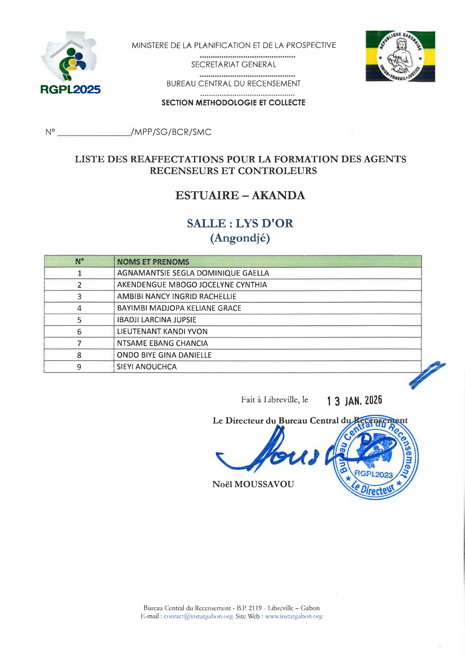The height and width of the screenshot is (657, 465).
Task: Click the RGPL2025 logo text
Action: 71,90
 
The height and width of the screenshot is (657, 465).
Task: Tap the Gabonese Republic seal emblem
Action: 400,56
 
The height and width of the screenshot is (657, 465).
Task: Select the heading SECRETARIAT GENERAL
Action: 234,65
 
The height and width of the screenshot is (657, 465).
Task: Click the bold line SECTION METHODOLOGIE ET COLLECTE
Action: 233,103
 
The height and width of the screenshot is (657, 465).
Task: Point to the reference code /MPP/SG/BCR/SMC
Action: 171,132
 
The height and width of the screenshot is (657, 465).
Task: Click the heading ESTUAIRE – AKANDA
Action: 240,195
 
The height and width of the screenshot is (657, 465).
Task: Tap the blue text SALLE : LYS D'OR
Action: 240,223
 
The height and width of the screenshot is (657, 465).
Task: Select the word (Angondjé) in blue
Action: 240,238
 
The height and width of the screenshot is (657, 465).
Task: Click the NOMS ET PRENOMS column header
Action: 153,262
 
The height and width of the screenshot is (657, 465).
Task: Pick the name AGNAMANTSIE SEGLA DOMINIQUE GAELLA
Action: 193,273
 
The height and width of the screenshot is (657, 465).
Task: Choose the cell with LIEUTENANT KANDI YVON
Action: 162,332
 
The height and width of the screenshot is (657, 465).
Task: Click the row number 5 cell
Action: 79,320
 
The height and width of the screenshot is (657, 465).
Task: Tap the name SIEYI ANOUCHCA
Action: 146,367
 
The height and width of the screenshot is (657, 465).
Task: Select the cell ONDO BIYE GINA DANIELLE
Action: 164,355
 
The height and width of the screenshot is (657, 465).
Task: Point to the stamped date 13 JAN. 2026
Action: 355,401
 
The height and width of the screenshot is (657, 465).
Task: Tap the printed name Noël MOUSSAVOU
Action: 253,484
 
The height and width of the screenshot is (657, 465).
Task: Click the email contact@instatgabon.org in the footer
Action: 198,616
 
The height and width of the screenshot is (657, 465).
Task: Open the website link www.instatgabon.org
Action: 294,616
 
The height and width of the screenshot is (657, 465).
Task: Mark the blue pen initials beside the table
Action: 427,375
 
